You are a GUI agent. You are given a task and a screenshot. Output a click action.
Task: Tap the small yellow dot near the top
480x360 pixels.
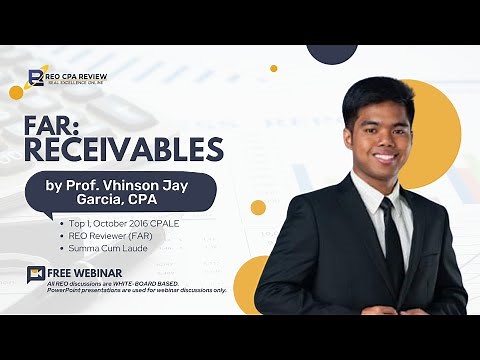tap(273, 69)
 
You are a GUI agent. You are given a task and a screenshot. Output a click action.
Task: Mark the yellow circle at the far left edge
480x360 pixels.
tap(16, 92)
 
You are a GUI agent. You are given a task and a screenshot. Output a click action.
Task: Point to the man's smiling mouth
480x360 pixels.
tap(382, 157)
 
